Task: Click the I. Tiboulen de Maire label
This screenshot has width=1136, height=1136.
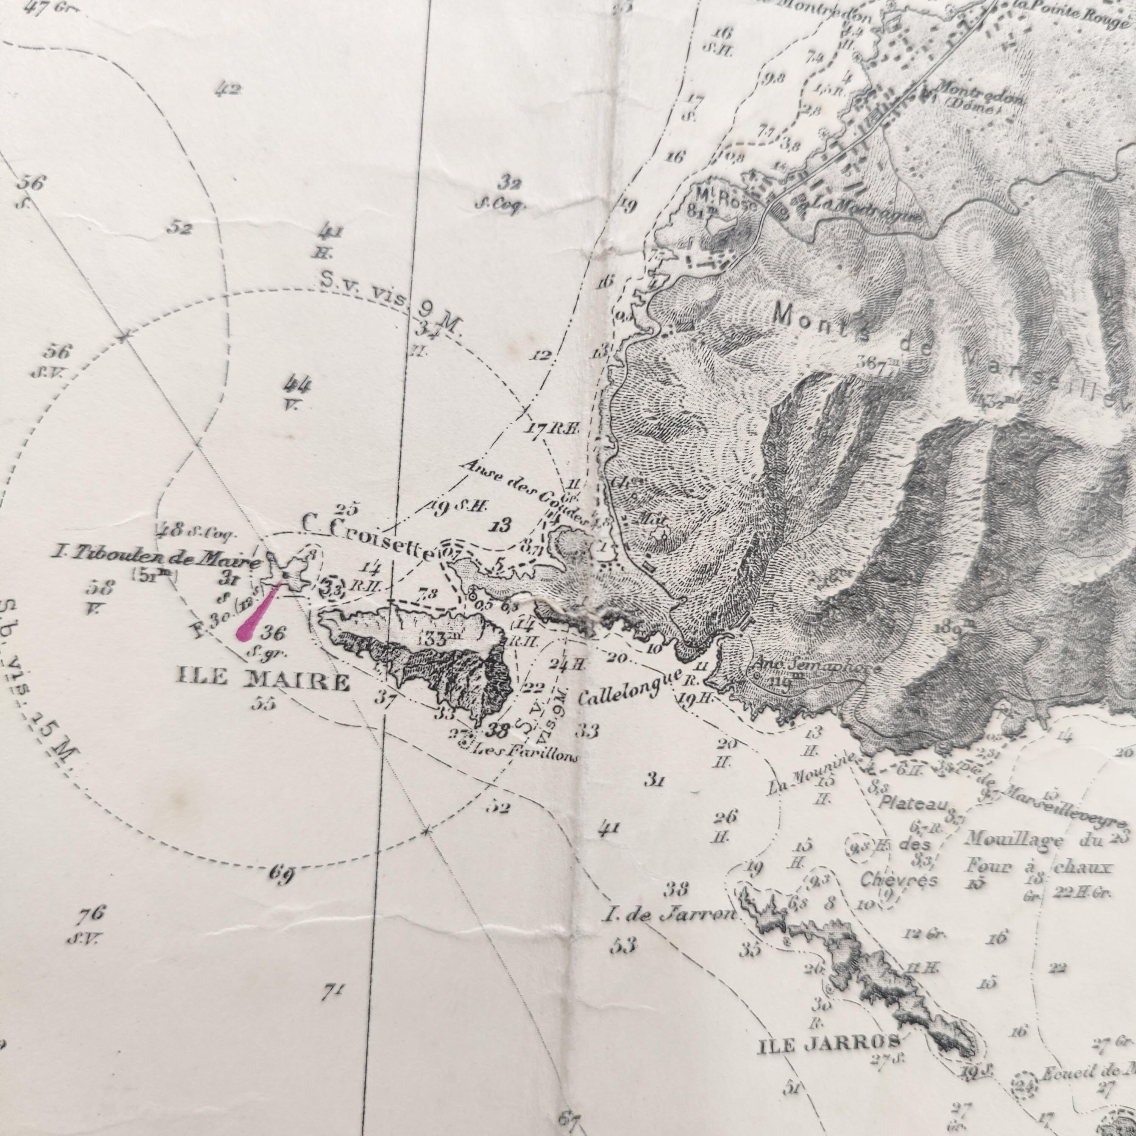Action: click(156, 557)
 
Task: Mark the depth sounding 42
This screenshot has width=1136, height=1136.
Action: click(228, 89)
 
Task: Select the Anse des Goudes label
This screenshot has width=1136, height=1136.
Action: click(523, 492)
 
